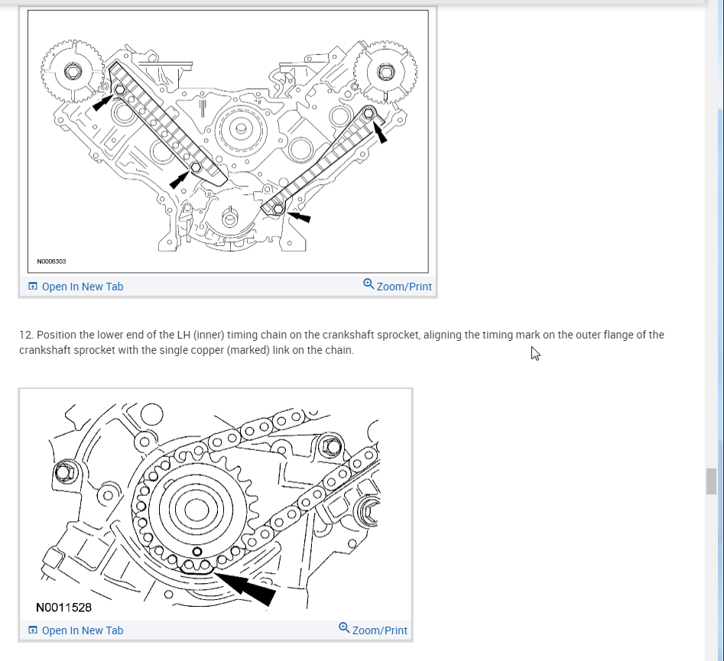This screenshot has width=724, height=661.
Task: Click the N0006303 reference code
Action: [x=51, y=261]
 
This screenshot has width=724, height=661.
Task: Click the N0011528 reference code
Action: [x=63, y=608]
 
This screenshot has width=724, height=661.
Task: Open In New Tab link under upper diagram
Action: [x=82, y=287]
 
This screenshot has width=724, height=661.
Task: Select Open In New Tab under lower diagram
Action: [x=82, y=630]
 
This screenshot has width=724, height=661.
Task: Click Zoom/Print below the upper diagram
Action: [x=404, y=287]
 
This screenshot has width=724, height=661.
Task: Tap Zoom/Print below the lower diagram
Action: [x=379, y=630]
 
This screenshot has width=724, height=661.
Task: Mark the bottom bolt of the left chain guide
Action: [x=196, y=167]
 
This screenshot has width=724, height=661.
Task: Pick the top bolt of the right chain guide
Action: [x=369, y=113]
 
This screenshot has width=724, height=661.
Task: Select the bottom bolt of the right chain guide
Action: [x=278, y=208]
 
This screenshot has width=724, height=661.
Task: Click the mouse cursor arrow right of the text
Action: [x=535, y=353]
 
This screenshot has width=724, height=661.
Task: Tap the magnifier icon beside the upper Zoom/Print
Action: [x=368, y=284]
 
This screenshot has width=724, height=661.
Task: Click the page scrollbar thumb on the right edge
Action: [x=712, y=481]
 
